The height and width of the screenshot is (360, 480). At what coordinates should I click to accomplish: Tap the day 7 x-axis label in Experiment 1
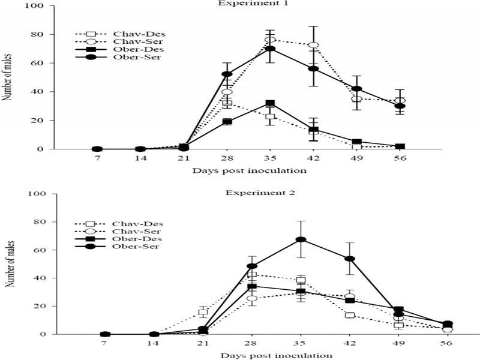pyautogui.click(x=97, y=160)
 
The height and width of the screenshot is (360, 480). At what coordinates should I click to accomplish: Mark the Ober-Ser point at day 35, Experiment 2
pyautogui.click(x=301, y=239)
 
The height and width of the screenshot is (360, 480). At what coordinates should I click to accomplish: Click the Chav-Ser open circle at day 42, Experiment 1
pyautogui.click(x=330, y=45)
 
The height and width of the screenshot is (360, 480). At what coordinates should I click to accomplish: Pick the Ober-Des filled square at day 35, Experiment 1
pyautogui.click(x=270, y=104)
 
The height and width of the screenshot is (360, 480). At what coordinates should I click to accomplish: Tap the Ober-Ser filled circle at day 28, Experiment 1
pyautogui.click(x=227, y=74)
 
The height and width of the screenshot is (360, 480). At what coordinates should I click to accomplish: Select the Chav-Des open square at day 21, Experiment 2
pyautogui.click(x=203, y=312)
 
